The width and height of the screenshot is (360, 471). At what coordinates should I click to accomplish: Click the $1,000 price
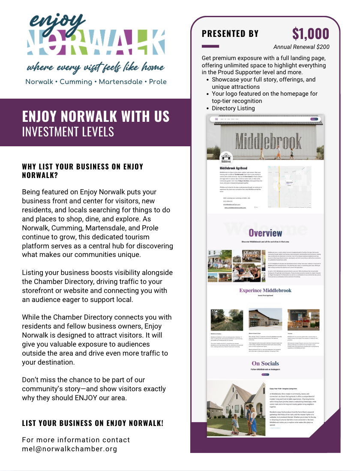point(310,33)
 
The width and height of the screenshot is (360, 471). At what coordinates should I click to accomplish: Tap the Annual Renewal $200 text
point(301,47)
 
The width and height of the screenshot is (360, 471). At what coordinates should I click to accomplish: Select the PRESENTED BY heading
point(230,34)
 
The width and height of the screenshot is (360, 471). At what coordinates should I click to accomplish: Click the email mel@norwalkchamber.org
point(69,449)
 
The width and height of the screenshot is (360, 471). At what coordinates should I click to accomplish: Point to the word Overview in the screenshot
point(265,233)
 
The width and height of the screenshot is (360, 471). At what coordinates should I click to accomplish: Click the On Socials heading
point(265,364)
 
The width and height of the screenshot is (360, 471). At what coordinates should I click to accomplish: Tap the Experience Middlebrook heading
point(265,291)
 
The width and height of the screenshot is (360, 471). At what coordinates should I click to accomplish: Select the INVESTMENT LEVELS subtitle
point(68,131)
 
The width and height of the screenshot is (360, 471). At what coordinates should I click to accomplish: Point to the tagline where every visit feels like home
point(96,68)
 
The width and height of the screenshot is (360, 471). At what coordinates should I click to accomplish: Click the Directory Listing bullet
point(233,109)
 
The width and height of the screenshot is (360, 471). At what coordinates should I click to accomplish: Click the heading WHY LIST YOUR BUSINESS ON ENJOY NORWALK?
point(83,170)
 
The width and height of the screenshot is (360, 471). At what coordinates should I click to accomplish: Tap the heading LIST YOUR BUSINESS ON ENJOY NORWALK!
point(93,423)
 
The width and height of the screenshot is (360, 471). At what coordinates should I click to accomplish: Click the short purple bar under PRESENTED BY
point(210,46)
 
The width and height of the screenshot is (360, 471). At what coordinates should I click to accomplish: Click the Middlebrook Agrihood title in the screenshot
point(233,168)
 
